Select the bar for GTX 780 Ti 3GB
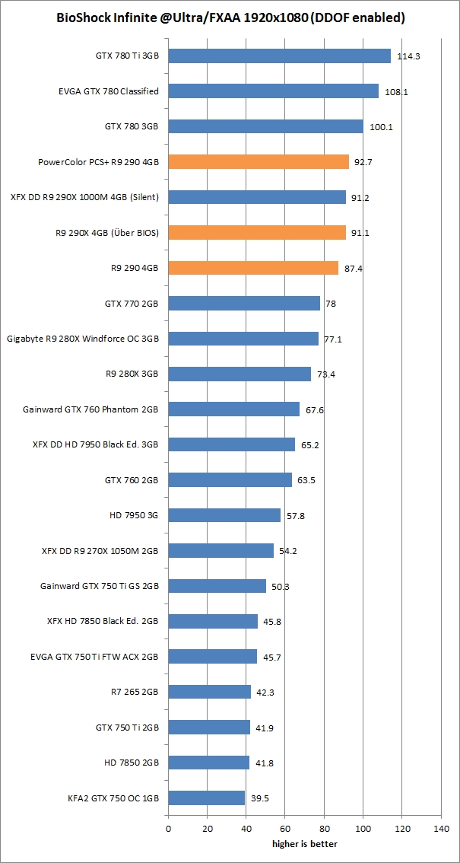click(x=279, y=56)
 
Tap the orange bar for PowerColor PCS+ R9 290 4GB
click(x=259, y=161)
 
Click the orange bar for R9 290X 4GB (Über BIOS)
click(x=257, y=232)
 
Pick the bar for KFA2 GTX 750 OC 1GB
click(x=206, y=798)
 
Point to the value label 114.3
click(x=408, y=56)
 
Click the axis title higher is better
click(x=304, y=843)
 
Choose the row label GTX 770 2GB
click(x=131, y=304)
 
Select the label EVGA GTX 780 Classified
click(x=108, y=91)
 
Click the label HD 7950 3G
click(x=134, y=515)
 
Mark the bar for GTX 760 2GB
click(x=230, y=479)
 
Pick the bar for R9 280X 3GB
click(x=240, y=374)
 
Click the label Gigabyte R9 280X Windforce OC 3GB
click(x=82, y=339)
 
